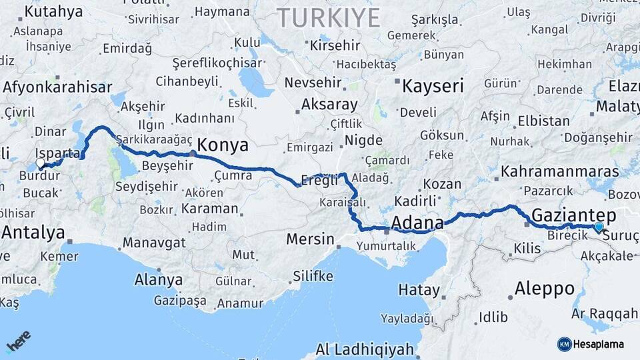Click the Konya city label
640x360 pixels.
point(223,145)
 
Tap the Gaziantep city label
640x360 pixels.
point(573,215)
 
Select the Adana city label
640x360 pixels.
point(418,221)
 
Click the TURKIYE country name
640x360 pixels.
point(329,17)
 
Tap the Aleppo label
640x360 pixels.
point(545,289)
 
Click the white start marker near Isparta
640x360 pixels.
point(41,163)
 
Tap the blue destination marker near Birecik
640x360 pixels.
point(599,227)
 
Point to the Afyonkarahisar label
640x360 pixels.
point(57,87)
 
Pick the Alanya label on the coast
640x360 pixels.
point(158,279)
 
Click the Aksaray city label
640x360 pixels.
point(329,104)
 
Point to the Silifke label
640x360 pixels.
point(313,276)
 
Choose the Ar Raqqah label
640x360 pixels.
point(605,313)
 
